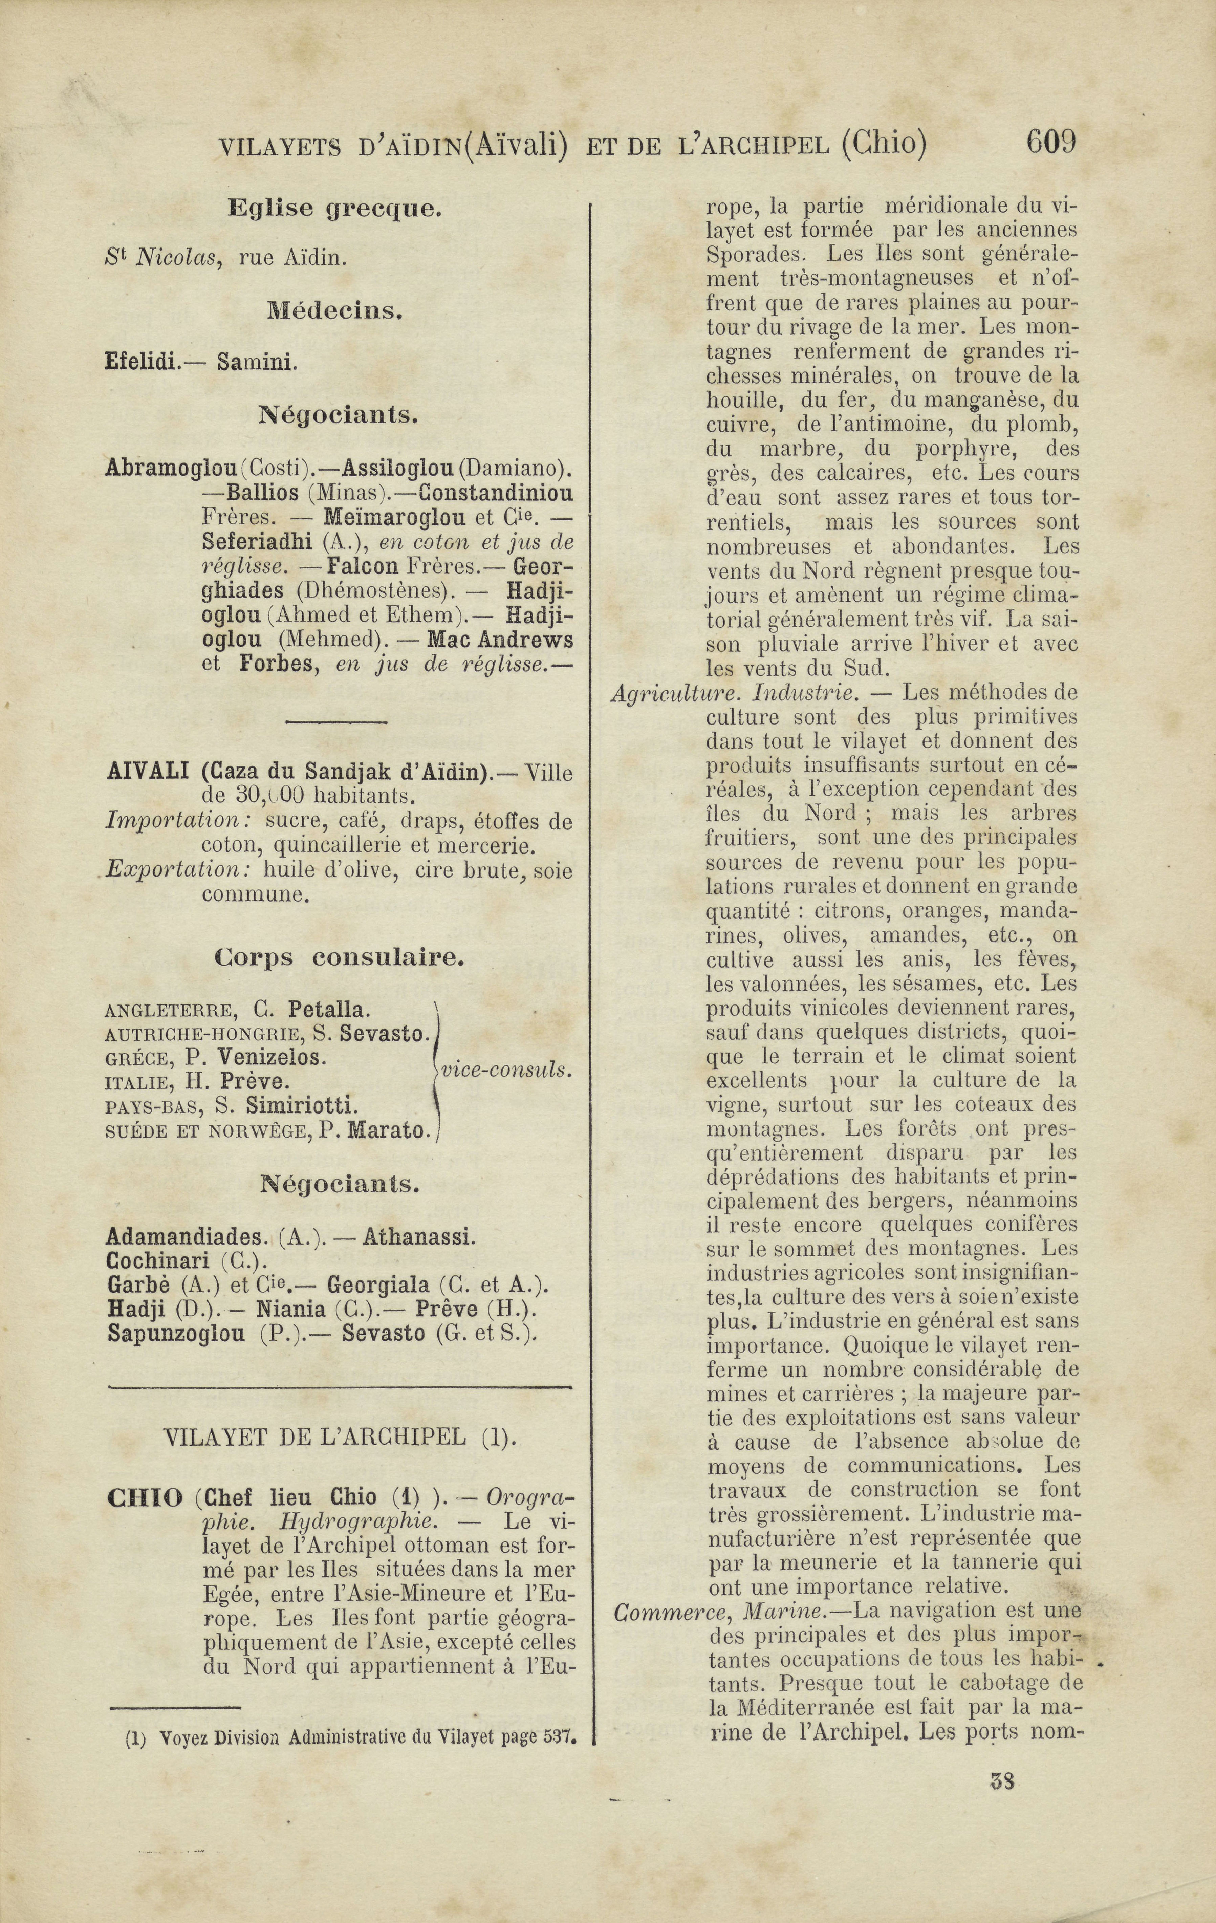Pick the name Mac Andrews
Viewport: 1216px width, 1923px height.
coord(500,640)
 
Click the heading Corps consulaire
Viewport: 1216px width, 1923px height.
coord(339,957)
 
